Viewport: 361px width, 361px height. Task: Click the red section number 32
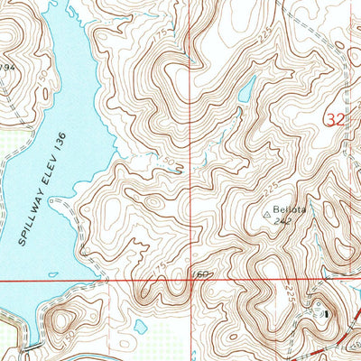point(335,117)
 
